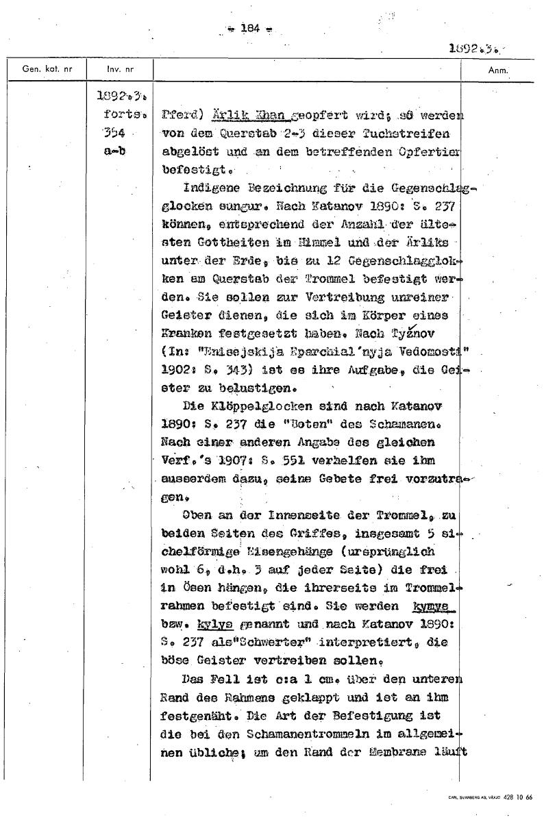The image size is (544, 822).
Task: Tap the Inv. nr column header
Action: pyautogui.click(x=120, y=69)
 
